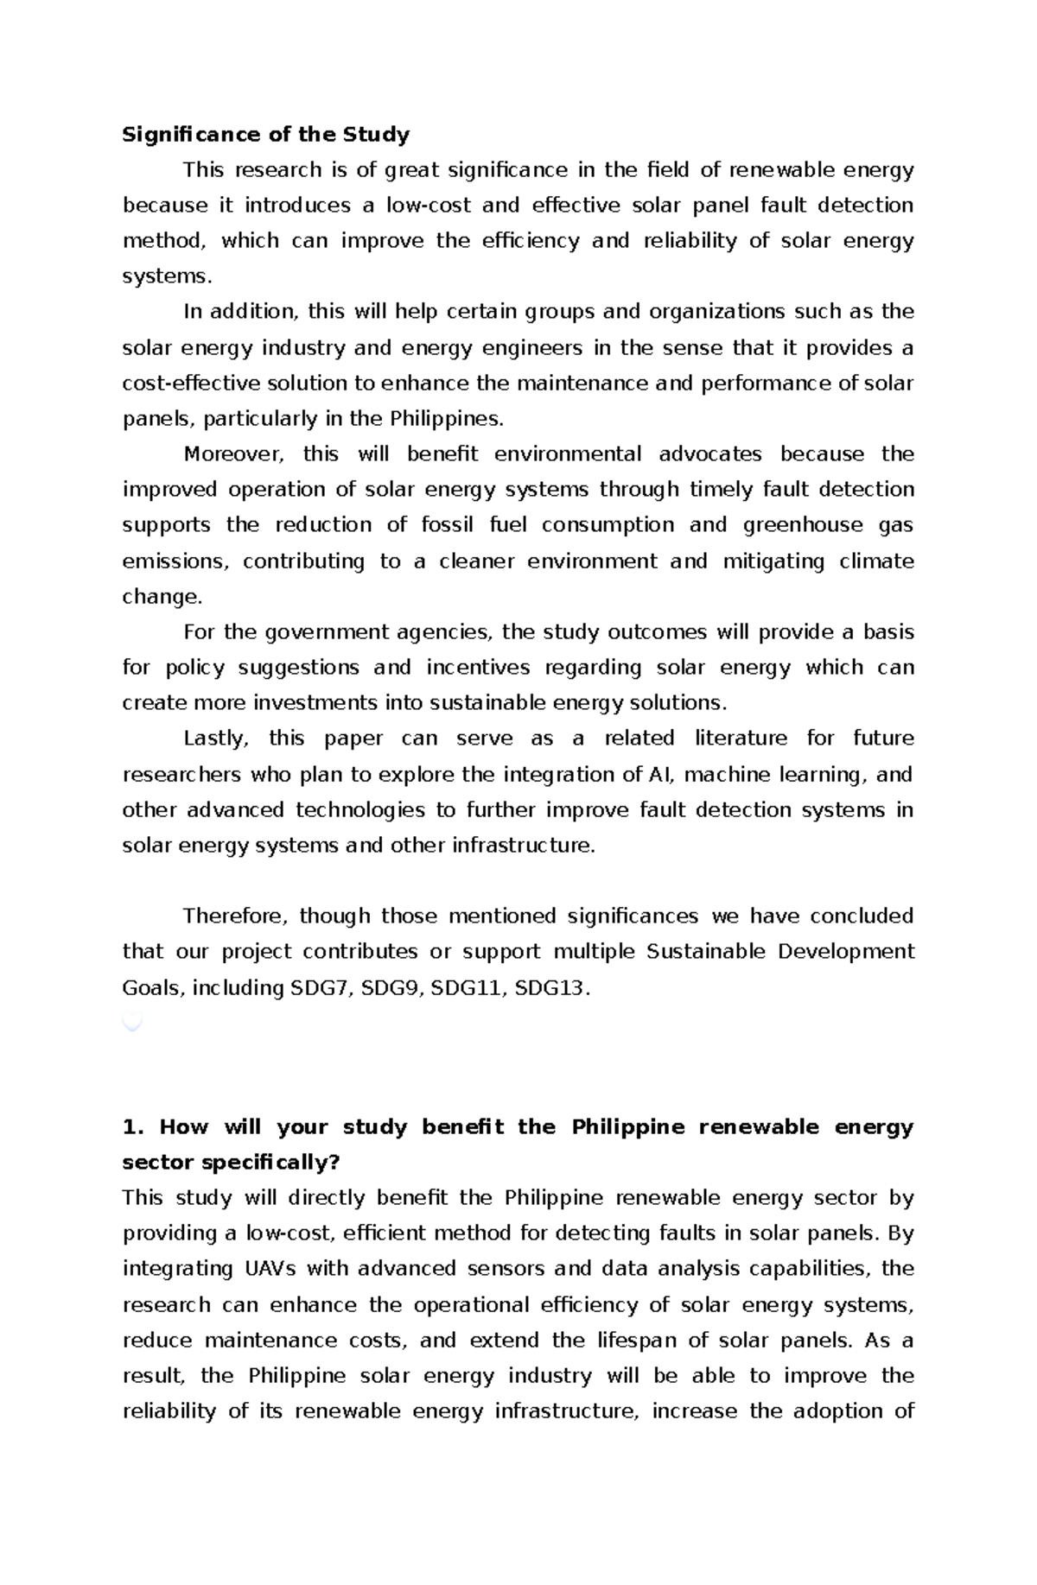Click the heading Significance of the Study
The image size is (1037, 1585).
pyautogui.click(x=265, y=135)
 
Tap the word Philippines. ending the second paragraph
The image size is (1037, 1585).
pyautogui.click(x=446, y=419)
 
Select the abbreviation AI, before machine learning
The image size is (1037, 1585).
pyautogui.click(x=659, y=775)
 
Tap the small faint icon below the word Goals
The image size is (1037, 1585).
pyautogui.click(x=132, y=1023)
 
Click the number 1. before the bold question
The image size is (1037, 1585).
pyautogui.click(x=131, y=1127)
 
